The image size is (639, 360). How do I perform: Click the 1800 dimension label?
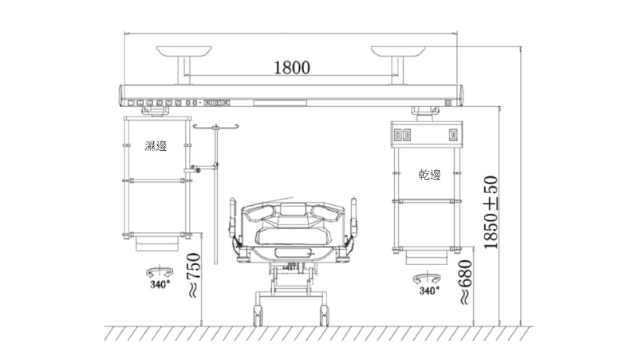(x=291, y=67)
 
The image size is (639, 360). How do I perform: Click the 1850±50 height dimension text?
(x=491, y=212)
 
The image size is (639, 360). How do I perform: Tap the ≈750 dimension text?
(x=194, y=275)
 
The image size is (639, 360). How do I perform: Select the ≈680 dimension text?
(x=465, y=282)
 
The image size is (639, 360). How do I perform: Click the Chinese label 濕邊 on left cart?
(x=156, y=145)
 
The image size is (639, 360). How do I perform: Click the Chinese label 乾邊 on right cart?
(x=430, y=175)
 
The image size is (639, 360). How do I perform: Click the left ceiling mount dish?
(x=184, y=51)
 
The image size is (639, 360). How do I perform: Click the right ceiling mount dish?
(x=398, y=51)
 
